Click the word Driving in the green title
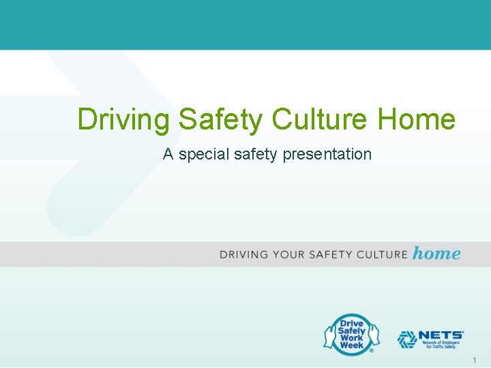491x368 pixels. pos(123,119)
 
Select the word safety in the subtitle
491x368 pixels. pos(256,155)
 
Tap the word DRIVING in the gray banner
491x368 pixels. pos(244,255)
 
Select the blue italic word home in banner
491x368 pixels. pos(436,254)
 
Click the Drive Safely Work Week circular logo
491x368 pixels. pos(349,334)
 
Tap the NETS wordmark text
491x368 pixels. pos(441,335)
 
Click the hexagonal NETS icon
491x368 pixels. pos(407,339)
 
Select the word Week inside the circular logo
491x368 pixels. pos(351,346)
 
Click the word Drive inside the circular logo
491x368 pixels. pos(351,323)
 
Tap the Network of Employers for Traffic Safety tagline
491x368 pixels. pos(443,346)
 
